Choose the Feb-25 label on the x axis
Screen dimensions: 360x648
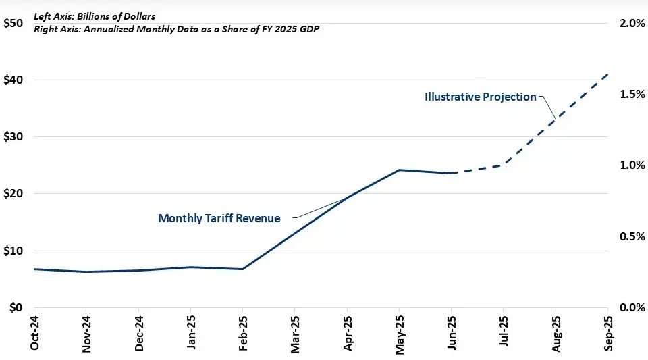click(242, 333)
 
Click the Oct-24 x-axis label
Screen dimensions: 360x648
click(34, 333)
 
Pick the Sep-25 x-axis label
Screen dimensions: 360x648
click(607, 333)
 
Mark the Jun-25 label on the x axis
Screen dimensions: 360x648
click(451, 333)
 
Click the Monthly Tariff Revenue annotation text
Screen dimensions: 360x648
click(219, 218)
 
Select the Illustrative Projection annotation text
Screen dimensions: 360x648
click(480, 97)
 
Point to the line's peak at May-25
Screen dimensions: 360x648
click(399, 170)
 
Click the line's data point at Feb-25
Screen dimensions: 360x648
click(242, 269)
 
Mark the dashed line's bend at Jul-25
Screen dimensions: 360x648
click(503, 165)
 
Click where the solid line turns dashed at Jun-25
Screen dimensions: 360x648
click(451, 174)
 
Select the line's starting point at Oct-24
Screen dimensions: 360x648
click(34, 269)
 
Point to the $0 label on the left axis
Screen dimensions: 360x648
click(16, 307)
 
